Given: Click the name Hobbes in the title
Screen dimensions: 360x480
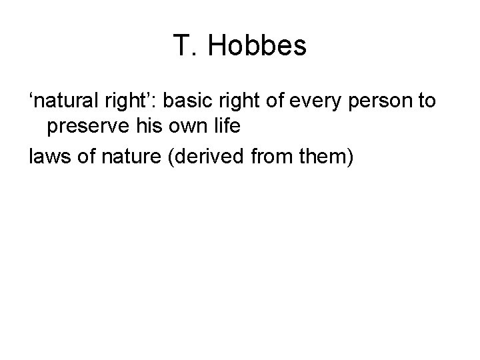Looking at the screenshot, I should [258, 46].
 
